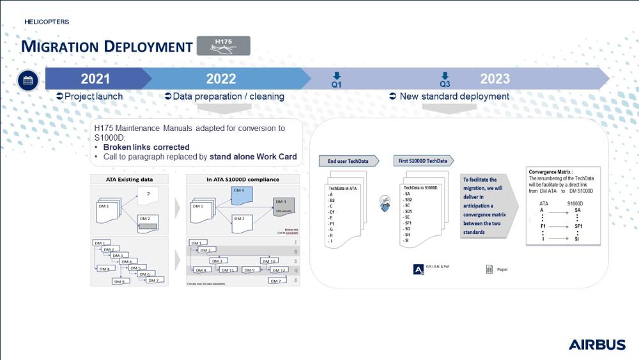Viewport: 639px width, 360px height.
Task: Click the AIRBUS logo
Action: (x=597, y=345)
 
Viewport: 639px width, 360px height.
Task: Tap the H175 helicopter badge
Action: (x=223, y=45)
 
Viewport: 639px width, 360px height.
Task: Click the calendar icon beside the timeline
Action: (x=27, y=81)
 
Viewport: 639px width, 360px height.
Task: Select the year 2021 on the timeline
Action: (x=95, y=79)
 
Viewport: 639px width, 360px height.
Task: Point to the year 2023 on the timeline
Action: (x=495, y=79)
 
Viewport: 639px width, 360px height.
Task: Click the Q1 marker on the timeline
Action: (x=337, y=80)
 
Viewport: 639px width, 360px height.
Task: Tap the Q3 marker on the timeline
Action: (x=445, y=80)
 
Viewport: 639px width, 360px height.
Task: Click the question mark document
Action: (x=148, y=195)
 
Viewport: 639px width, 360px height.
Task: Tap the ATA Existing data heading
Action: (x=129, y=179)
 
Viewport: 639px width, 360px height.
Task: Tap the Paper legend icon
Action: (x=489, y=269)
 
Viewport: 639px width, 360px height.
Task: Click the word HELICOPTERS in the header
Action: (x=47, y=22)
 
